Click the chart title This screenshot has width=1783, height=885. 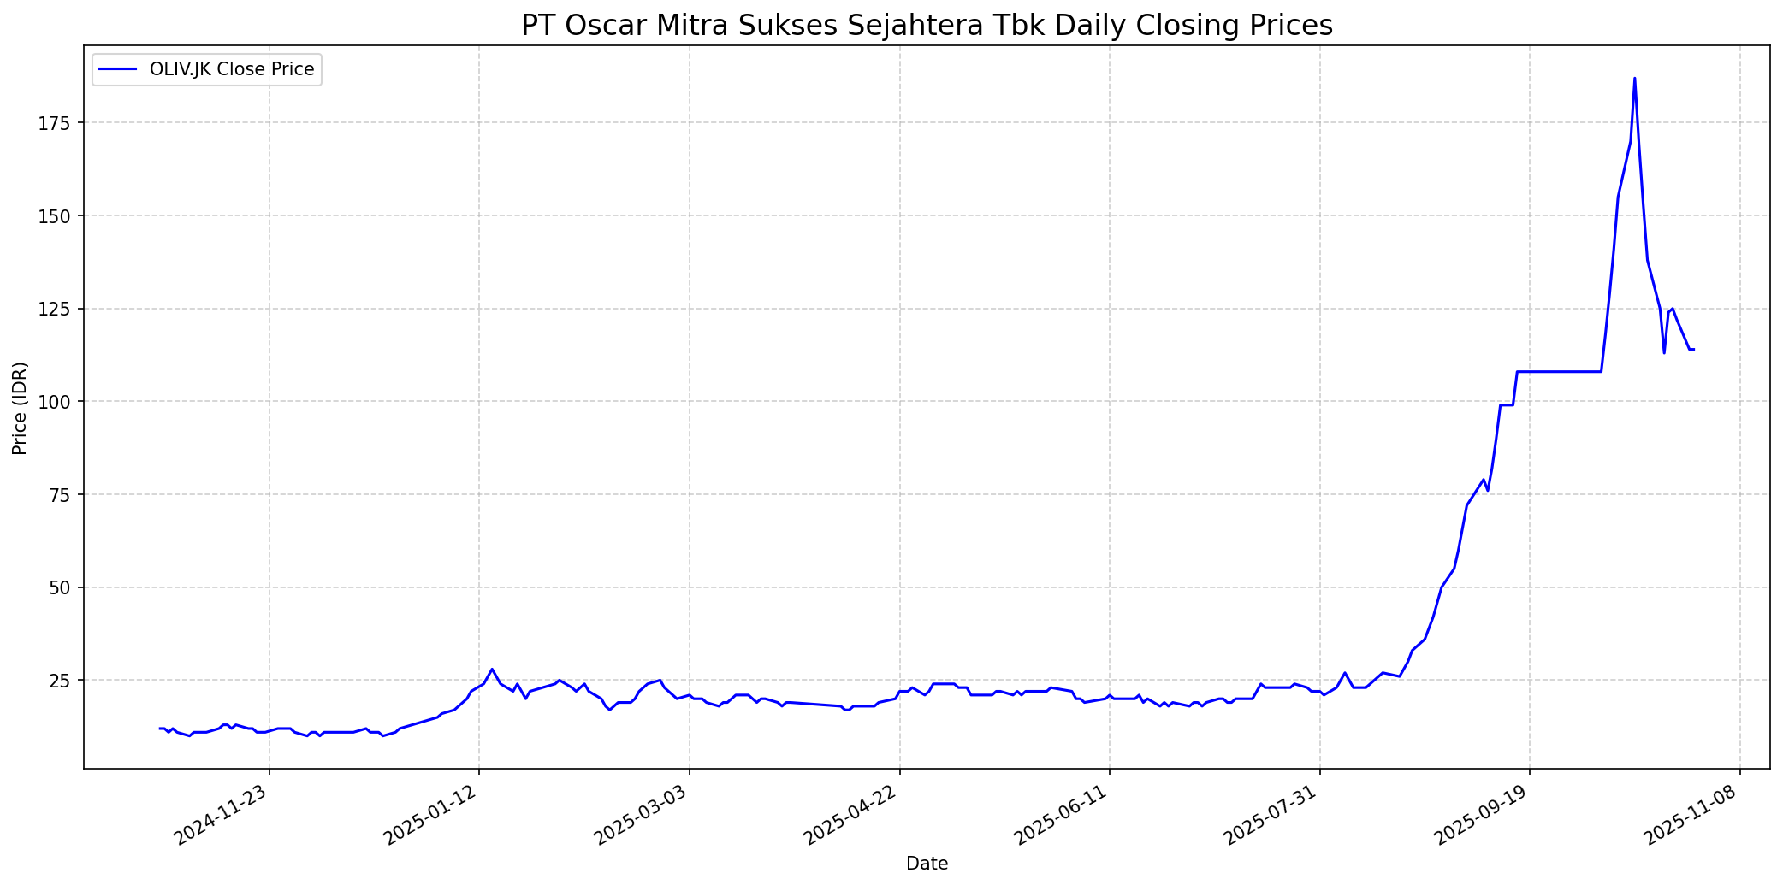927,26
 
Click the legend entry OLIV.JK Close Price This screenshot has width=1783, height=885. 231,69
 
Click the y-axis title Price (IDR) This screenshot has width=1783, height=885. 20,408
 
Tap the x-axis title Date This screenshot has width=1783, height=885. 927,864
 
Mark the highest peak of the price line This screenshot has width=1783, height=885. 1634,79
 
